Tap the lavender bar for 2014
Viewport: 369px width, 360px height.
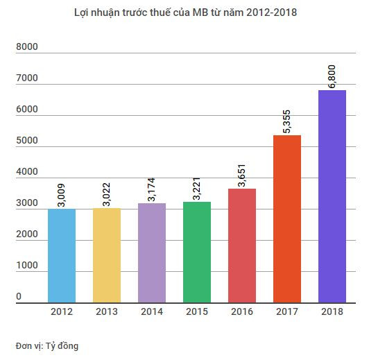151,252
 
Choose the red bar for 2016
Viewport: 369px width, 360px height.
241,246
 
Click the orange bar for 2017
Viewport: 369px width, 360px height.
286,218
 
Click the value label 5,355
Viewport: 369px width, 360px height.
287,119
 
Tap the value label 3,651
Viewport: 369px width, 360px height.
242,173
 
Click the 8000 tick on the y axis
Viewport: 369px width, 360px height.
27,48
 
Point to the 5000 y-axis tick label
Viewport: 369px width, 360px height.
27,141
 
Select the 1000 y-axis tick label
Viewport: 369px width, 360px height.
27,266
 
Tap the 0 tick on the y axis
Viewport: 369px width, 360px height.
19,297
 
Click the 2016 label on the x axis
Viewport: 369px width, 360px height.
241,312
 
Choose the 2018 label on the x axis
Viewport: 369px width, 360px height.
332,312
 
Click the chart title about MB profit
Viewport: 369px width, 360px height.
185,13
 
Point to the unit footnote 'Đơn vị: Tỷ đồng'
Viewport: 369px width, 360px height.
46,345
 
